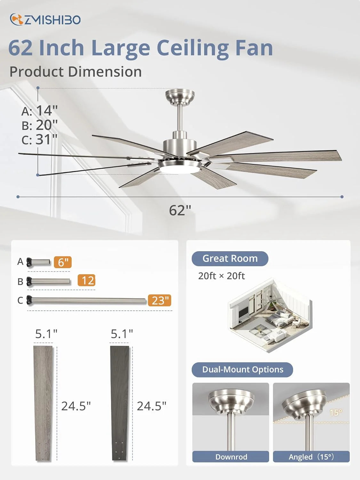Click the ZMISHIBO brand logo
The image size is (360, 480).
(45, 20)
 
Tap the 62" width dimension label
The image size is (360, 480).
(180, 210)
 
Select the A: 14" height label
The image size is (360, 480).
(39, 111)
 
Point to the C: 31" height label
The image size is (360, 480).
(39, 140)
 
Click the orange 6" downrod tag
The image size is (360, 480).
(63, 262)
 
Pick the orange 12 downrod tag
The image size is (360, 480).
(87, 280)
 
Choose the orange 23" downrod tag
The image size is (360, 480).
(159, 300)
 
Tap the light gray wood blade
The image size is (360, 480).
(43, 403)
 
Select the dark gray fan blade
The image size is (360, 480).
(120, 403)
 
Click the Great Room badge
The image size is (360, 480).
(230, 258)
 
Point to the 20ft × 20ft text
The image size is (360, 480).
(221, 276)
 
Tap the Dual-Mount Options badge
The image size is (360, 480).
(242, 370)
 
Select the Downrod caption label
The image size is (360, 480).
(231, 457)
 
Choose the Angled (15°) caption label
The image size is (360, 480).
(311, 457)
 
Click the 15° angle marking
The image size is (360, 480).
(336, 412)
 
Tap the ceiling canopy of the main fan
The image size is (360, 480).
(180, 96)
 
